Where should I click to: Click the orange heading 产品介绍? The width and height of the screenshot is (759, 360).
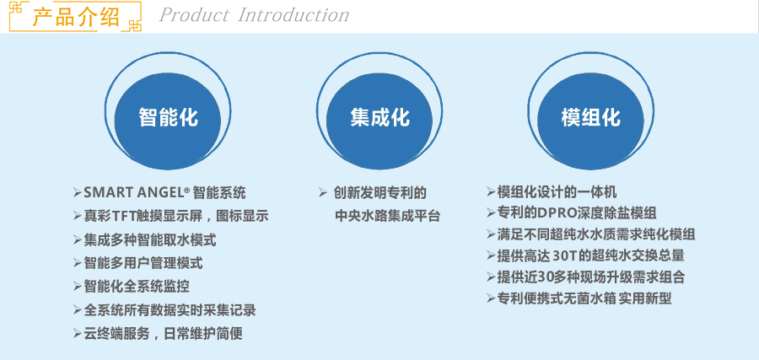[x=76, y=17]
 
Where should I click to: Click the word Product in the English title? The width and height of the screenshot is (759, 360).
[x=194, y=15]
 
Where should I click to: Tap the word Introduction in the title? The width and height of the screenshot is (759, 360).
[x=293, y=15]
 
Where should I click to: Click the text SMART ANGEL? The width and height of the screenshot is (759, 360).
[x=133, y=192]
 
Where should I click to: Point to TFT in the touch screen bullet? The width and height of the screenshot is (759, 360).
[x=123, y=216]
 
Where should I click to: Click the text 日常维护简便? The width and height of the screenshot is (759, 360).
[x=203, y=333]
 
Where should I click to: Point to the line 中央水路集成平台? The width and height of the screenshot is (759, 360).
[x=387, y=216]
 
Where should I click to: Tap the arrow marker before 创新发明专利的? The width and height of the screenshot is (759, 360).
[x=323, y=193]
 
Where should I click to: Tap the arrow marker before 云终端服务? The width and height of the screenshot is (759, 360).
[x=78, y=333]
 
